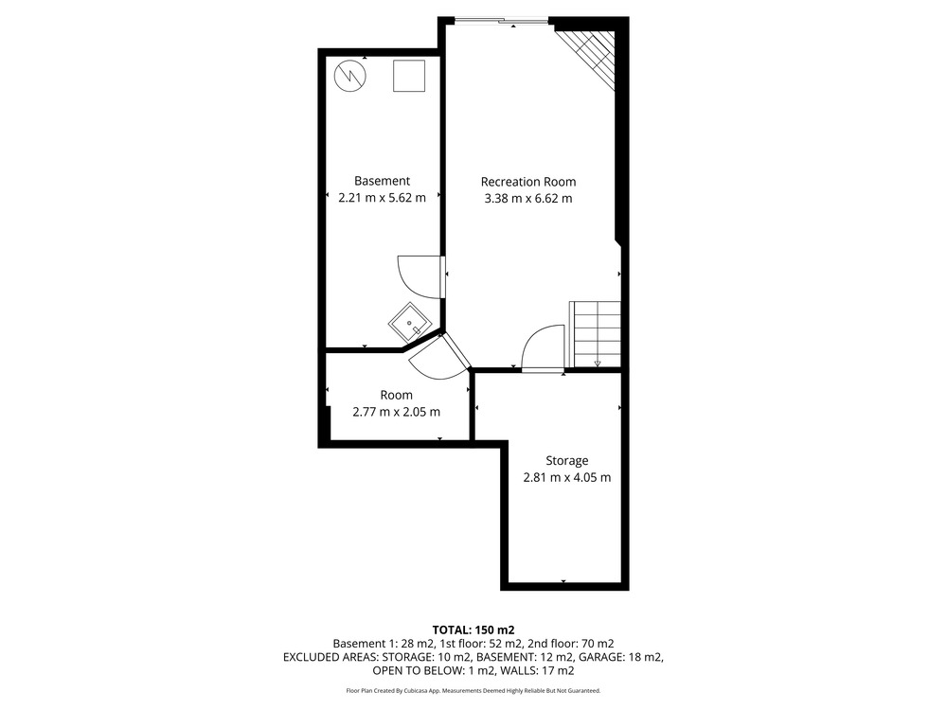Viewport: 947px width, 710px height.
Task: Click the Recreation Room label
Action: (x=527, y=182)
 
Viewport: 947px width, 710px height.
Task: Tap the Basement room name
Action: (x=382, y=181)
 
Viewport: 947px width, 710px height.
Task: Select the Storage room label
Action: (x=566, y=461)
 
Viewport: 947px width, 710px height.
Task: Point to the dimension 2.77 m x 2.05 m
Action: (x=396, y=412)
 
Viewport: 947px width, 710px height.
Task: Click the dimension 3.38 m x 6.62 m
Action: (x=527, y=198)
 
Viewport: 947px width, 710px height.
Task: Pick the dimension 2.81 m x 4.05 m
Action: (x=566, y=477)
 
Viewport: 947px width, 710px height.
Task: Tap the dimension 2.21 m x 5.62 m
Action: (x=382, y=198)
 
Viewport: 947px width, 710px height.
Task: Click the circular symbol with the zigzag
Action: (x=350, y=76)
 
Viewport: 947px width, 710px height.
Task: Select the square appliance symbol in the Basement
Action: (x=409, y=76)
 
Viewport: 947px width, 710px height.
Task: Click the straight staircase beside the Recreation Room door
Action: (x=596, y=334)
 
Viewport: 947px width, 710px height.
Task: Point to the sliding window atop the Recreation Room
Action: (x=501, y=22)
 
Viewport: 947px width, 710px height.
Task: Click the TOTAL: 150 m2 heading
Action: (x=473, y=630)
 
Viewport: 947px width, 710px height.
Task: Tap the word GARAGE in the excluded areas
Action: (x=605, y=657)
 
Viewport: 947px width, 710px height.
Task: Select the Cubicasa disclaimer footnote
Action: (x=473, y=690)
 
